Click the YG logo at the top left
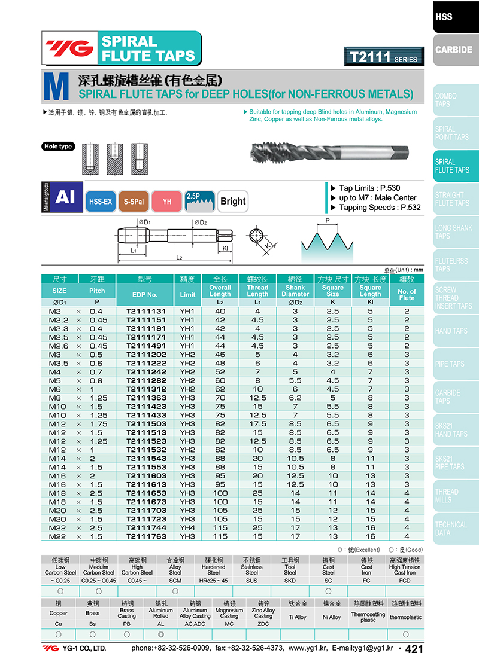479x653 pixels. [70, 48]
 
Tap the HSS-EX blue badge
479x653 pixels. [101, 202]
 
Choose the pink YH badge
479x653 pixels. [167, 202]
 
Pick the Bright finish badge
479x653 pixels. [232, 202]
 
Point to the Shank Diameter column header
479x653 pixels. [295, 291]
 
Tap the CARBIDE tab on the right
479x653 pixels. [454, 50]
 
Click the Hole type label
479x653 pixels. [58, 147]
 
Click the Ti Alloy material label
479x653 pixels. [298, 617]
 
